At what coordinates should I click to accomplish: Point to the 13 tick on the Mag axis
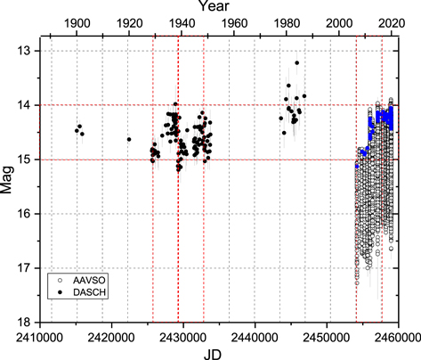26,51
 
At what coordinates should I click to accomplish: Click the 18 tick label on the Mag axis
26,322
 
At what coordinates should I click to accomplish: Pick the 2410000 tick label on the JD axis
40,336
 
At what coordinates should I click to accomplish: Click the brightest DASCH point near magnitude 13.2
297,63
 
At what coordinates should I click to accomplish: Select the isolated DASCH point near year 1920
129,139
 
